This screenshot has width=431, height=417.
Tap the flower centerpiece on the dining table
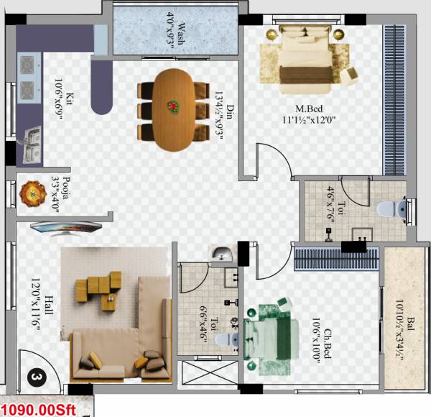click(173, 106)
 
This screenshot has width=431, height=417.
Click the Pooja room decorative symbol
click(32, 192)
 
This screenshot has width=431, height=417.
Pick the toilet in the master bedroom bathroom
click(393, 209)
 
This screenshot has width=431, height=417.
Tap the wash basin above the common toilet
click(222, 254)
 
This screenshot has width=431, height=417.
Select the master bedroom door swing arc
click(272, 160)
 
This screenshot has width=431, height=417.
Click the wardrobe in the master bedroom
click(394, 101)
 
